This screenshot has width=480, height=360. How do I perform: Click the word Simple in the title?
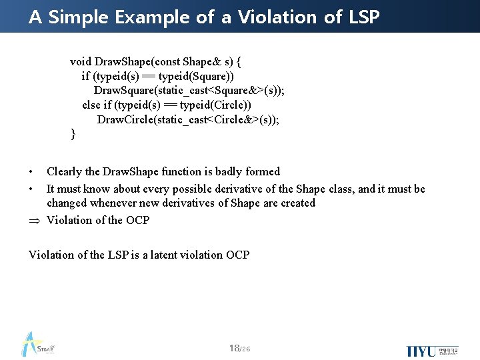pos(78,17)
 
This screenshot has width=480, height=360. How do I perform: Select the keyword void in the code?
pos(81,62)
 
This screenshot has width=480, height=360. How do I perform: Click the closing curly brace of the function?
pos(73,135)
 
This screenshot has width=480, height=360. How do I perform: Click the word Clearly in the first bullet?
pos(65,172)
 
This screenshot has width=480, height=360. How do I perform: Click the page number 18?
pos(233,349)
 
